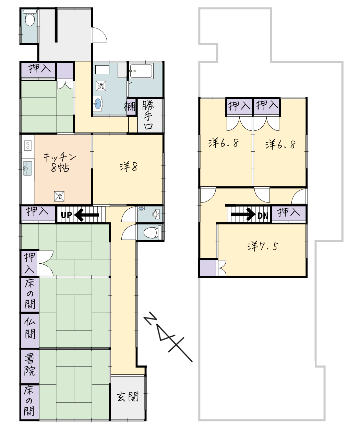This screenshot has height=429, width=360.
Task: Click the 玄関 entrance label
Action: point(128,396)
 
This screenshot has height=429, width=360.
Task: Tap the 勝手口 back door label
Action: point(148,115)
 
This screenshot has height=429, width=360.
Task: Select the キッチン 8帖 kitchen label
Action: point(60,162)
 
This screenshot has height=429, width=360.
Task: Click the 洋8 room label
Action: point(129,166)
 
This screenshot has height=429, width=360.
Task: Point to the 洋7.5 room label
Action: point(263,246)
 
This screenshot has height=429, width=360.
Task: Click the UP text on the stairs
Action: point(67,215)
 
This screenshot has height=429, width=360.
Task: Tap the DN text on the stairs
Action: point(263,216)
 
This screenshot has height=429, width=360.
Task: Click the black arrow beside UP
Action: point(86,215)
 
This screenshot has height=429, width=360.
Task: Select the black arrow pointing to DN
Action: point(243,214)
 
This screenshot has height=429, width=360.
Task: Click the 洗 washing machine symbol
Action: point(101,86)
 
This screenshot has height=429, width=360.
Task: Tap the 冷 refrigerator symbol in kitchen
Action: point(59,196)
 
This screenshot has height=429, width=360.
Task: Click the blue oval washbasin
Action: point(98,104)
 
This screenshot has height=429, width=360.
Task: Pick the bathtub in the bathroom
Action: point(141,71)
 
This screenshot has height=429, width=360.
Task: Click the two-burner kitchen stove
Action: point(28,146)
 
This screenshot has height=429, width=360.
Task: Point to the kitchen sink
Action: point(27,168)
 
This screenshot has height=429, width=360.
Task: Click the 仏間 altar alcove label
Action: point(30,328)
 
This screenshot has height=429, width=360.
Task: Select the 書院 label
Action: point(30,365)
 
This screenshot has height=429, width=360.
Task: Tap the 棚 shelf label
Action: point(130,106)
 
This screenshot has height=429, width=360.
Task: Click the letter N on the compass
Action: point(151,319)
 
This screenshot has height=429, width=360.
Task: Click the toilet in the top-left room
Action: point(30,19)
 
